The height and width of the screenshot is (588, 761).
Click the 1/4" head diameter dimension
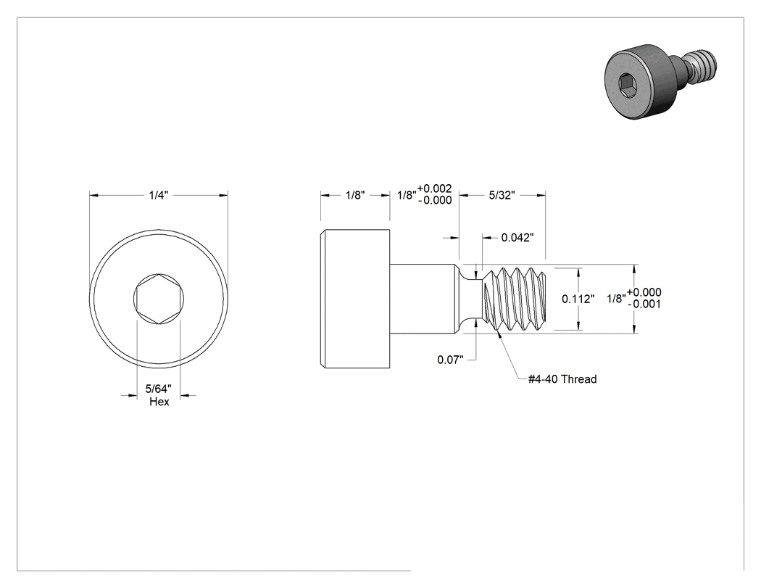pos(158,195)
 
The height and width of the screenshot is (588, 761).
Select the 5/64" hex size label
pos(158,389)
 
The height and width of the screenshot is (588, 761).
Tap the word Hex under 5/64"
pos(159,402)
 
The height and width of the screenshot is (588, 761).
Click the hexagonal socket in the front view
pos(159,298)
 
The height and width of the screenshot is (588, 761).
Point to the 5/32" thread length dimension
pos(502,195)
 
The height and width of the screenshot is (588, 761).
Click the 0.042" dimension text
pos(517,237)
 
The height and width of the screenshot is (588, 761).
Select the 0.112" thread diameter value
pos(578,299)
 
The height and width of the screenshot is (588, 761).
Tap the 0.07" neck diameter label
pos(450,360)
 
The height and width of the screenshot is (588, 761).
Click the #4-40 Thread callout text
pos(562,379)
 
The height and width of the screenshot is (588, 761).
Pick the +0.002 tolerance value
pos(434,189)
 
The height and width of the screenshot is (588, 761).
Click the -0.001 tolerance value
pos(644,305)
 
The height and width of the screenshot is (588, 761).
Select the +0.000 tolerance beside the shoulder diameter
pos(644,292)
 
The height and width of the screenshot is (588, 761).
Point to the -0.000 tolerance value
pos(436,201)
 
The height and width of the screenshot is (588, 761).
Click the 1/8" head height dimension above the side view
pos(355,195)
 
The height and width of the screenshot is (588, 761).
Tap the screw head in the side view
pos(355,299)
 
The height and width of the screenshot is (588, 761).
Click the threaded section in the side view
pos(514,299)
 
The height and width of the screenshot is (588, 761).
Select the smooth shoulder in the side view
pos(424,299)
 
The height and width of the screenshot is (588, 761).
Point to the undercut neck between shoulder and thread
pos(470,299)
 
